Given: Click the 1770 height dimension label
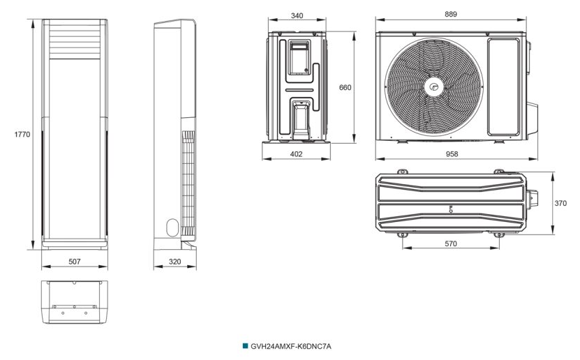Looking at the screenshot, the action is (x=22, y=134).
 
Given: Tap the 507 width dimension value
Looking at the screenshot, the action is (x=75, y=262).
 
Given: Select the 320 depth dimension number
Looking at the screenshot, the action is (x=174, y=262).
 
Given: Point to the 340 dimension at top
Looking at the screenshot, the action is (x=297, y=15).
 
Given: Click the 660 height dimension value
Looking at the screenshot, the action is (x=345, y=88).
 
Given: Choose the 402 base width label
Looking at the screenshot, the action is (x=297, y=153).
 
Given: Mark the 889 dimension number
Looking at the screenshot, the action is (x=451, y=14).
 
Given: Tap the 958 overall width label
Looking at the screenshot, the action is (x=452, y=153).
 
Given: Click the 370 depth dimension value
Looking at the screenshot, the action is (x=560, y=203).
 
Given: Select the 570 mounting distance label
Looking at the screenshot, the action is (x=451, y=243).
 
